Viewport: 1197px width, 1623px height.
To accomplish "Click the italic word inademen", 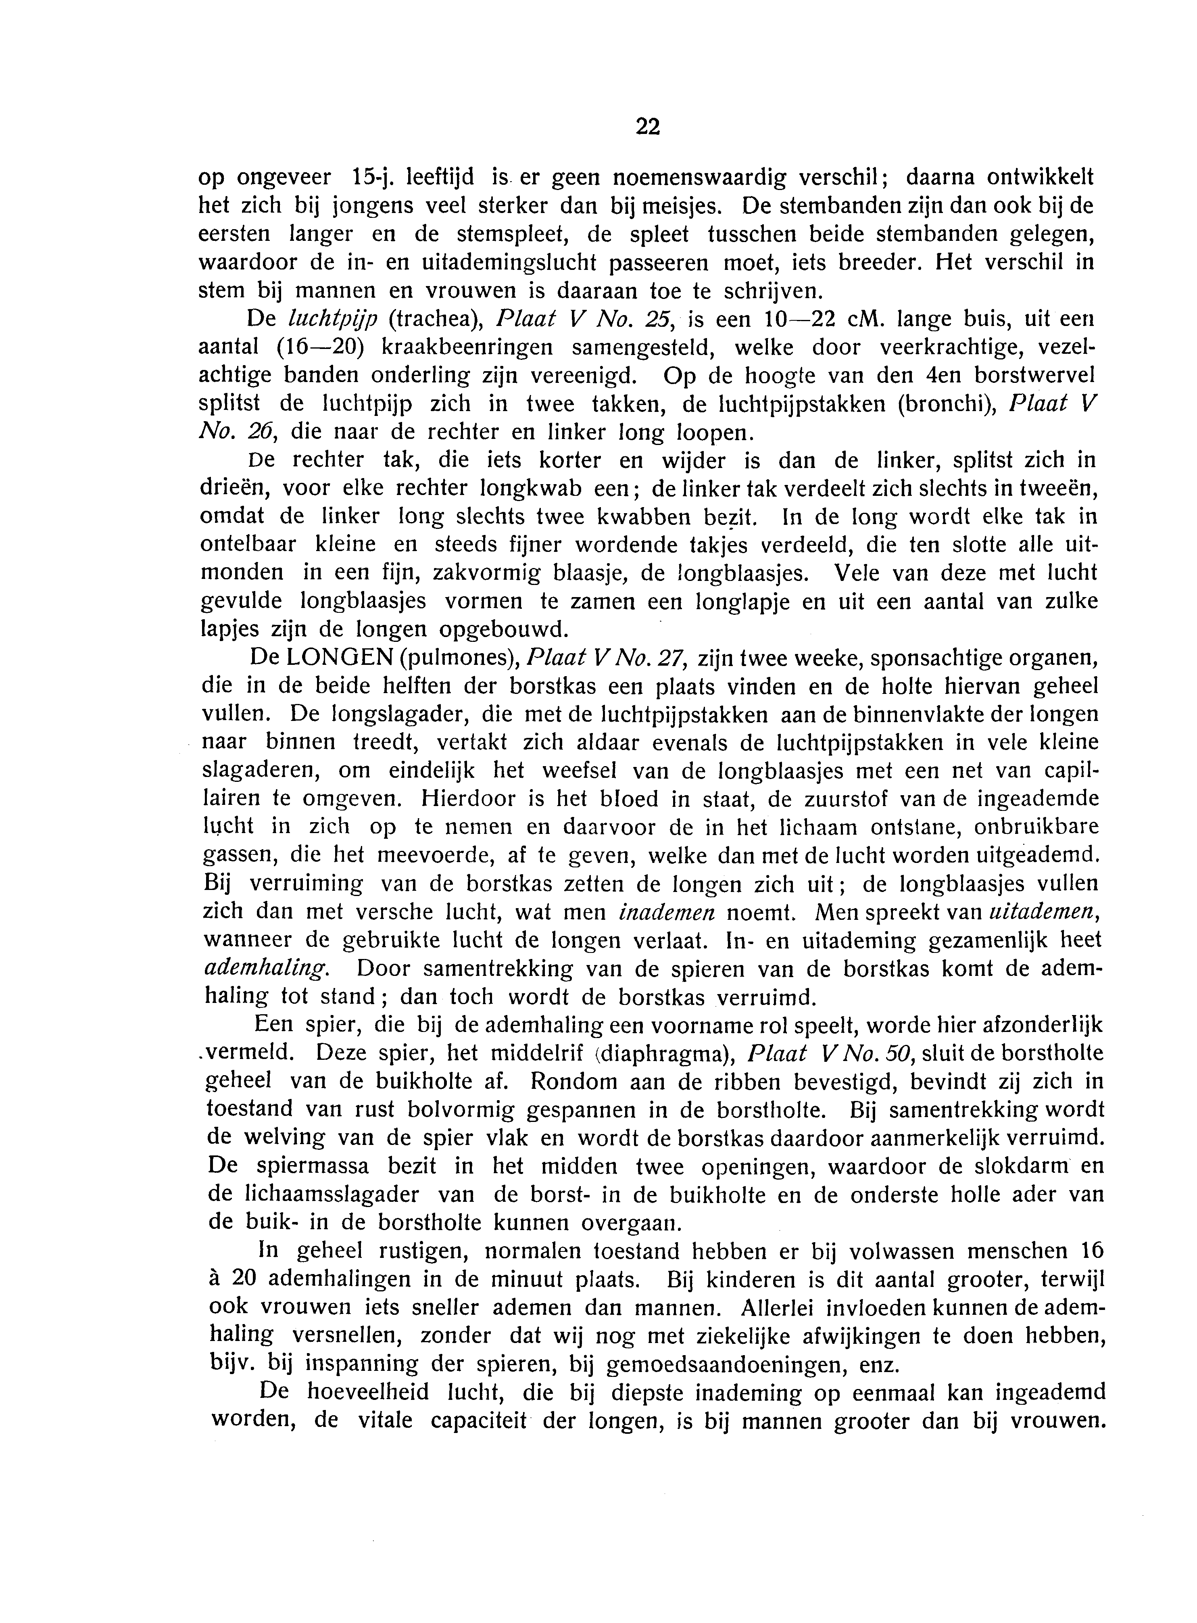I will click(667, 912).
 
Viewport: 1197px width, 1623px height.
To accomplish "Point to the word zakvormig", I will click(486, 574).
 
